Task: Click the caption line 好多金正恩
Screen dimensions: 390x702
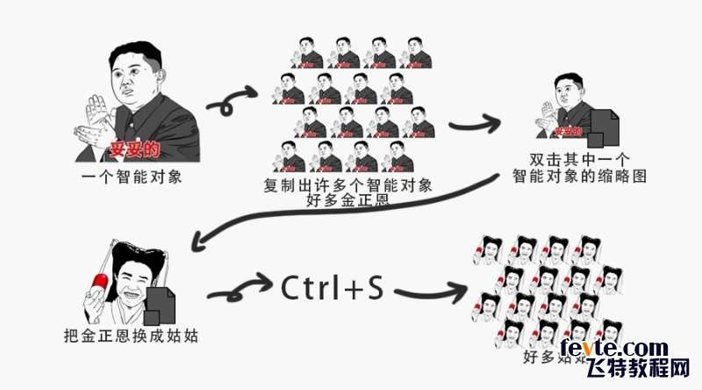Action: point(347,200)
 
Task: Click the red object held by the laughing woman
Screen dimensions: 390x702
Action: point(97,282)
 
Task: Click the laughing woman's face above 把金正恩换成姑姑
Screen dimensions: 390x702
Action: point(132,281)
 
